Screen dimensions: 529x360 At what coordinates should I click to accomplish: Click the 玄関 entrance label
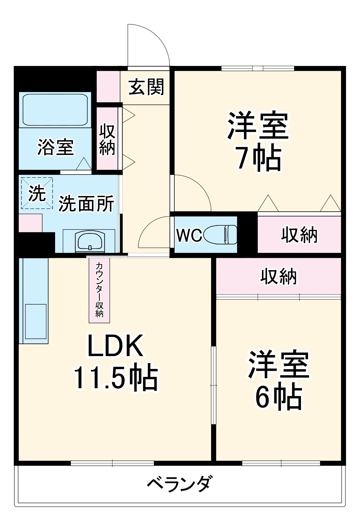[146, 87]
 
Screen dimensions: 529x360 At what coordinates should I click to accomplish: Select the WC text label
[189, 235]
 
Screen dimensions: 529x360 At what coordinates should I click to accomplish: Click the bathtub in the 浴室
[55, 110]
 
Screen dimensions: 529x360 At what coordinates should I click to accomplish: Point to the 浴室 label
[55, 147]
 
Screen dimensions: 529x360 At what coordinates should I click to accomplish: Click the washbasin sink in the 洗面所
[89, 241]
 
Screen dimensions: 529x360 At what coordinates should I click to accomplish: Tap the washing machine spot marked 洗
[37, 193]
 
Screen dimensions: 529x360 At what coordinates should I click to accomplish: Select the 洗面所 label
[86, 204]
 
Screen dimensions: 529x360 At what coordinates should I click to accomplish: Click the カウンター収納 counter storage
[99, 290]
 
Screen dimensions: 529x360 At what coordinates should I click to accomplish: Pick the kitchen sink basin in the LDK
[36, 321]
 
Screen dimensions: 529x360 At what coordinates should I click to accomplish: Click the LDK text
[115, 346]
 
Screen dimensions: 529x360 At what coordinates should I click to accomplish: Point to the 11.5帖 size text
[115, 377]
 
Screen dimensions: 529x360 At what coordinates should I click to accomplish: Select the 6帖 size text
[278, 397]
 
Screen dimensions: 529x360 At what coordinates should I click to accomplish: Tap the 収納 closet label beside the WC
[299, 235]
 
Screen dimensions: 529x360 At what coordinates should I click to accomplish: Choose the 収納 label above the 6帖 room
[278, 277]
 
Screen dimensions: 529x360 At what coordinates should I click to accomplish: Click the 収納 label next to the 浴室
[107, 139]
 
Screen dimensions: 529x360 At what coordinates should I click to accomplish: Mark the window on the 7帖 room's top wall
[258, 69]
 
